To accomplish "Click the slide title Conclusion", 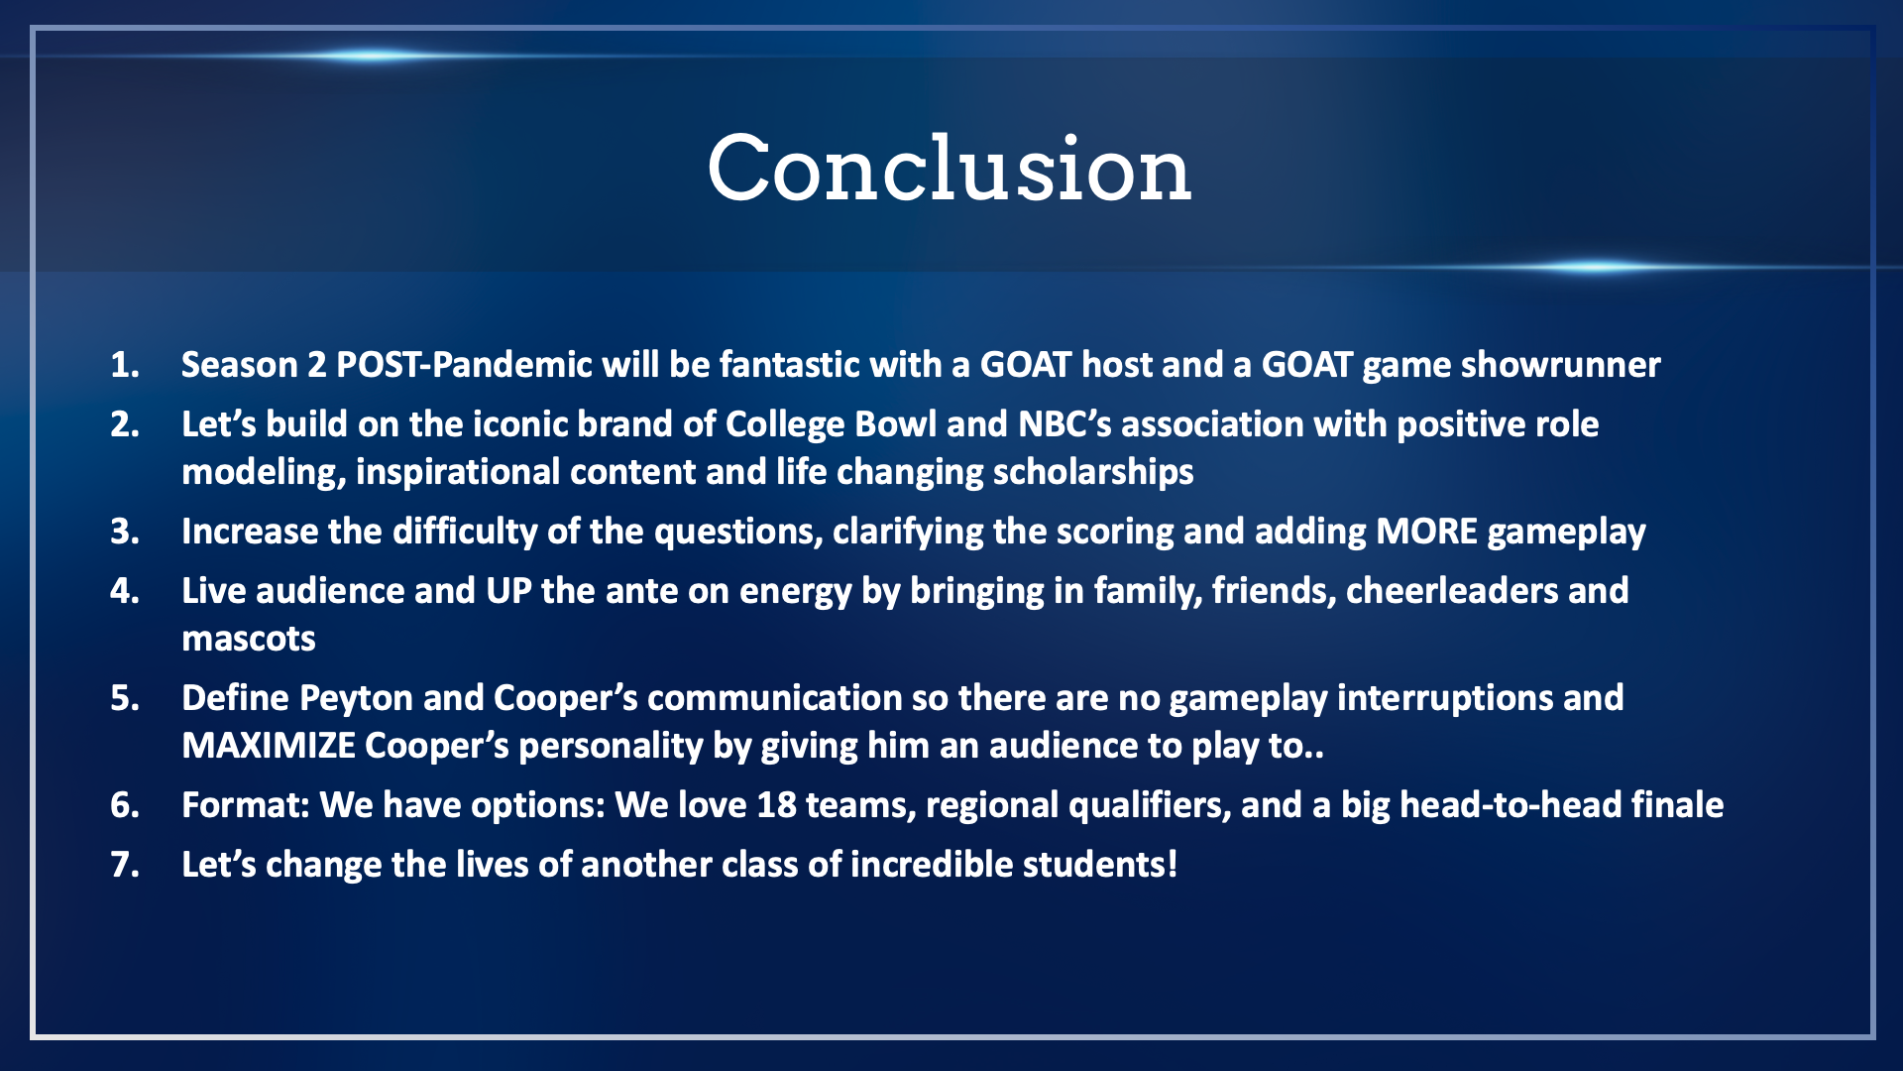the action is [x=950, y=169].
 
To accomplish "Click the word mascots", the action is [x=249, y=640].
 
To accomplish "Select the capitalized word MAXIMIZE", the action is [x=269, y=746].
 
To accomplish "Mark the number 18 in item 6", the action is [x=776, y=805].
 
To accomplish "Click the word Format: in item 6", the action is [x=246, y=805].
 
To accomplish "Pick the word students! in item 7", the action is [x=1100, y=865].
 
